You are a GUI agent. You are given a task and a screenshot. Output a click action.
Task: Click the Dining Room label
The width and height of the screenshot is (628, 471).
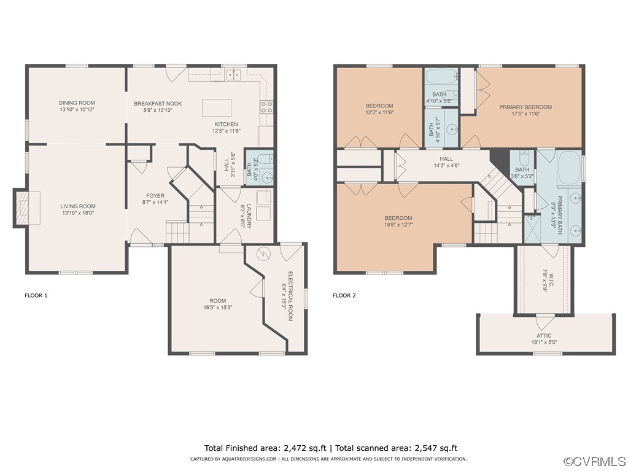(x=77, y=103)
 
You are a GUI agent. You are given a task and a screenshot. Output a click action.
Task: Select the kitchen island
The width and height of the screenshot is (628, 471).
(x=217, y=108)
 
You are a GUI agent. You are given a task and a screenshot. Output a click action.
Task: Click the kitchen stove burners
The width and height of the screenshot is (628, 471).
(x=267, y=108)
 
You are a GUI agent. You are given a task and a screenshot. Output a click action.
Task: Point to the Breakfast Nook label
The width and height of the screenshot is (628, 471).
(x=158, y=104)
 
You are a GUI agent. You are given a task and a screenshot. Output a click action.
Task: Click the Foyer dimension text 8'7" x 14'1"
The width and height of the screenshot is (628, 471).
(x=155, y=203)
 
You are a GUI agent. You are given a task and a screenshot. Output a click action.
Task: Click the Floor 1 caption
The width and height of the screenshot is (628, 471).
(x=36, y=295)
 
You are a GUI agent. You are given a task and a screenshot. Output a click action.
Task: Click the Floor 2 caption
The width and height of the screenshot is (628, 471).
(x=344, y=295)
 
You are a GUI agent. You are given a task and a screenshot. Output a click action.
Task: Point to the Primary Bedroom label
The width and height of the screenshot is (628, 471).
(x=525, y=107)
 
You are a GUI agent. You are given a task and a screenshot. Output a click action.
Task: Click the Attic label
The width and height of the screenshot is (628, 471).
(x=543, y=336)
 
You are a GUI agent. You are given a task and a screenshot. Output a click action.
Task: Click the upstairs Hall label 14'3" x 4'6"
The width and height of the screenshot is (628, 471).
(x=446, y=165)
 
